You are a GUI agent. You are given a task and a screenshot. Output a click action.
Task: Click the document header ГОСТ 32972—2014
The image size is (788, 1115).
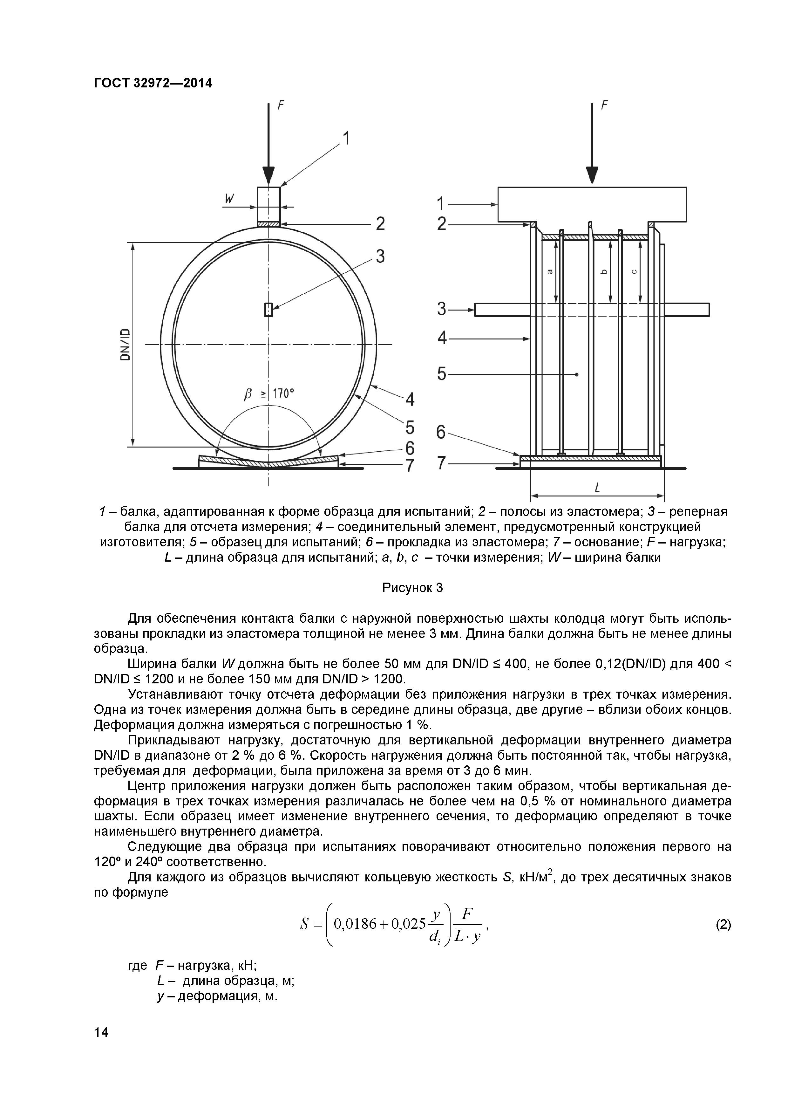[x=153, y=83]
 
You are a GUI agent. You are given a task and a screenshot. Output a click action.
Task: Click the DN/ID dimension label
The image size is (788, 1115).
[x=125, y=344]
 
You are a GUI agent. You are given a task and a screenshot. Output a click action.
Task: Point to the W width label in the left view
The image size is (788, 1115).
[x=230, y=199]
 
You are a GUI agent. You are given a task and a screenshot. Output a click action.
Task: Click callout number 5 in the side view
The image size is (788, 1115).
[x=441, y=374]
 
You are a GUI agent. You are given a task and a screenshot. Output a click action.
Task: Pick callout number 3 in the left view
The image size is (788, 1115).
[x=380, y=256]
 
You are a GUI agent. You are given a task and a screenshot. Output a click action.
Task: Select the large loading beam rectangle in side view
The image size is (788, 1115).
[x=592, y=204]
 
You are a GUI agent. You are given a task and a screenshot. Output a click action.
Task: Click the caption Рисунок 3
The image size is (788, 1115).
[x=413, y=588]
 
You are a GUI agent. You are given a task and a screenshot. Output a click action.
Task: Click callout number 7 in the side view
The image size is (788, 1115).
[x=441, y=463]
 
